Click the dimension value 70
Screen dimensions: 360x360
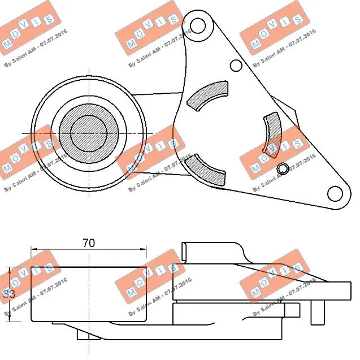pos(88,243)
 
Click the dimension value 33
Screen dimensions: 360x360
pos(8,294)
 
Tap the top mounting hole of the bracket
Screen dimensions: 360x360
pos(197,25)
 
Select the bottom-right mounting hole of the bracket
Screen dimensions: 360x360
pos(336,194)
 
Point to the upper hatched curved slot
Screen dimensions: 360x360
pos(207,95)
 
